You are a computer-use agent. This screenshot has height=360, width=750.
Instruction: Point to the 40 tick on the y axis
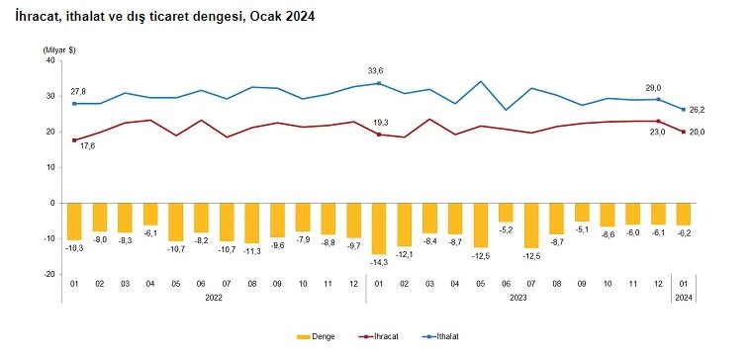[x=49, y=60]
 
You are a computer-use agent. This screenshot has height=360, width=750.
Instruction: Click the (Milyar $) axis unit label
[x=59, y=48]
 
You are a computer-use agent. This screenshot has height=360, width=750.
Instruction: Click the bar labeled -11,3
[x=251, y=223]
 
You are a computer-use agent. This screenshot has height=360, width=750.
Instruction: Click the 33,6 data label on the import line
[x=375, y=71]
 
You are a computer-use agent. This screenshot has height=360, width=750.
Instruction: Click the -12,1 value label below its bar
[x=404, y=253]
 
